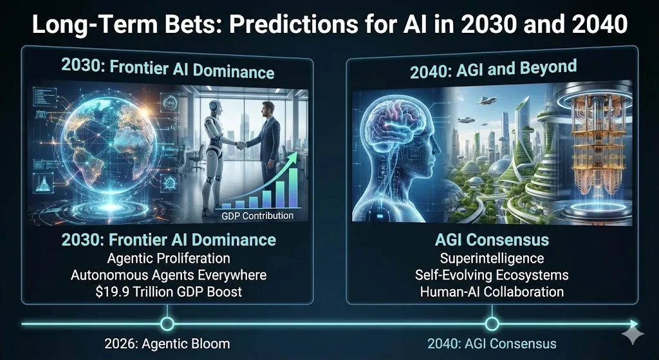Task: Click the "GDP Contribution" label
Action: [257, 216]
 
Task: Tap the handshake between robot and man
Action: [241, 146]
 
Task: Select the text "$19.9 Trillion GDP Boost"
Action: [169, 292]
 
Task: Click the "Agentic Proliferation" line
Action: [169, 258]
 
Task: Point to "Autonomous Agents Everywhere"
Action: [169, 275]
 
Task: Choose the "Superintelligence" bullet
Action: [492, 258]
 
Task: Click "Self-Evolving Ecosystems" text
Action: [492, 275]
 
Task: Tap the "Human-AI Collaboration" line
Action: [492, 292]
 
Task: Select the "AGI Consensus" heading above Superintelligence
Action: [492, 240]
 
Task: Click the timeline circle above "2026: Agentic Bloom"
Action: [167, 324]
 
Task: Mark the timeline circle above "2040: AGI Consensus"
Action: [492, 324]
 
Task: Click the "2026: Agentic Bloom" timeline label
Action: [167, 344]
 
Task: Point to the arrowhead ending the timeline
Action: [634, 324]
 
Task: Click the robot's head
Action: [215, 108]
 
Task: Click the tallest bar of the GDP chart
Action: [293, 189]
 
